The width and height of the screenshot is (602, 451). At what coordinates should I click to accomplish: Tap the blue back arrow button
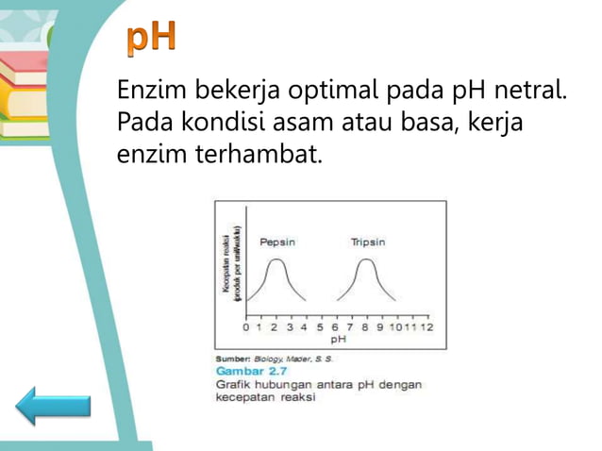(53, 406)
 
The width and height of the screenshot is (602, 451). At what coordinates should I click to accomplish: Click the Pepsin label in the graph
(277, 242)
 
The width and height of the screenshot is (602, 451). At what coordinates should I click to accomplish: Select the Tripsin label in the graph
(367, 242)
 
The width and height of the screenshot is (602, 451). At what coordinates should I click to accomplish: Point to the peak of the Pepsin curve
(275, 260)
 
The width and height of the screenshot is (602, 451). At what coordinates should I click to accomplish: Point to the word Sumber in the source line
(232, 359)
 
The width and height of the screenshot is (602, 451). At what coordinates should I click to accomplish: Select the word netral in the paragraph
(535, 92)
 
